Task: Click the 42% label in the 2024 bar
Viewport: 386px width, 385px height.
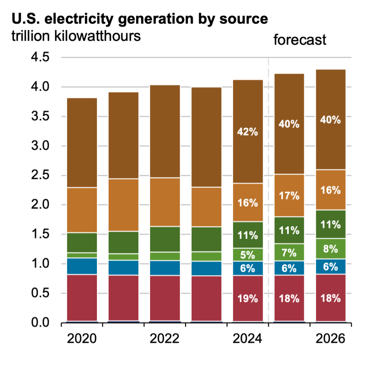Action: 248,132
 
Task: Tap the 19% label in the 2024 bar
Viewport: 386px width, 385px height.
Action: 248,299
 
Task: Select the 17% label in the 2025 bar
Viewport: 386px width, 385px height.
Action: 289,196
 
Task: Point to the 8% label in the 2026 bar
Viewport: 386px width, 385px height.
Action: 331,249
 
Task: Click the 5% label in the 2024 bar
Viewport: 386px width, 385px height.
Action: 248,255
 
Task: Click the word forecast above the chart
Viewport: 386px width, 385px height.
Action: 300,40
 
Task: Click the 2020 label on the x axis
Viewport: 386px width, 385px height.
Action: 82,339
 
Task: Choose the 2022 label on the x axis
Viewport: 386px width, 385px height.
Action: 165,339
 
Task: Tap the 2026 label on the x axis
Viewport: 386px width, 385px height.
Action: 331,339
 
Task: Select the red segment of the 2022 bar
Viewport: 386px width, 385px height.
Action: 165,298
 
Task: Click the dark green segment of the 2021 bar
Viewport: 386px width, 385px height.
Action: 124,242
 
